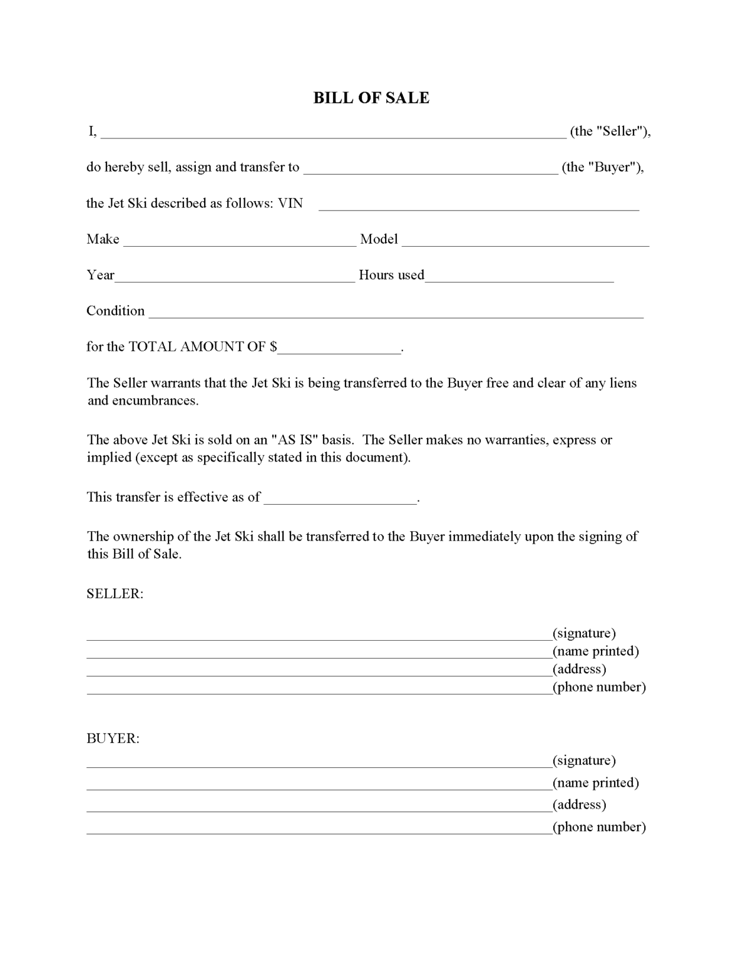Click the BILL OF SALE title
pyautogui.click(x=371, y=98)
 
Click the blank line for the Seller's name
pyautogui.click(x=333, y=133)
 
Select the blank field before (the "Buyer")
pyautogui.click(x=431, y=168)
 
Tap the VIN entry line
pyautogui.click(x=479, y=205)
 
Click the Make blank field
pyautogui.click(x=240, y=241)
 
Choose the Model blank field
pyautogui.click(x=525, y=241)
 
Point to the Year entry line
pyautogui.click(x=235, y=277)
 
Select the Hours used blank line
pyautogui.click(x=519, y=277)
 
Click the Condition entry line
pyautogui.click(x=396, y=313)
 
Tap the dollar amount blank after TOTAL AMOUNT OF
pyautogui.click(x=339, y=349)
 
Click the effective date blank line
pyautogui.click(x=341, y=499)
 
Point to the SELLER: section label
pyautogui.click(x=115, y=594)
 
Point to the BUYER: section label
pyautogui.click(x=113, y=738)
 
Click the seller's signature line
pyautogui.click(x=319, y=635)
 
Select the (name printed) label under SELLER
pyautogui.click(x=595, y=651)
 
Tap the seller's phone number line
pyautogui.click(x=319, y=689)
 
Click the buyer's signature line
pyautogui.click(x=319, y=762)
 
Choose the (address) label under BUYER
pyautogui.click(x=579, y=804)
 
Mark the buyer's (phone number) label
pyautogui.click(x=599, y=827)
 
